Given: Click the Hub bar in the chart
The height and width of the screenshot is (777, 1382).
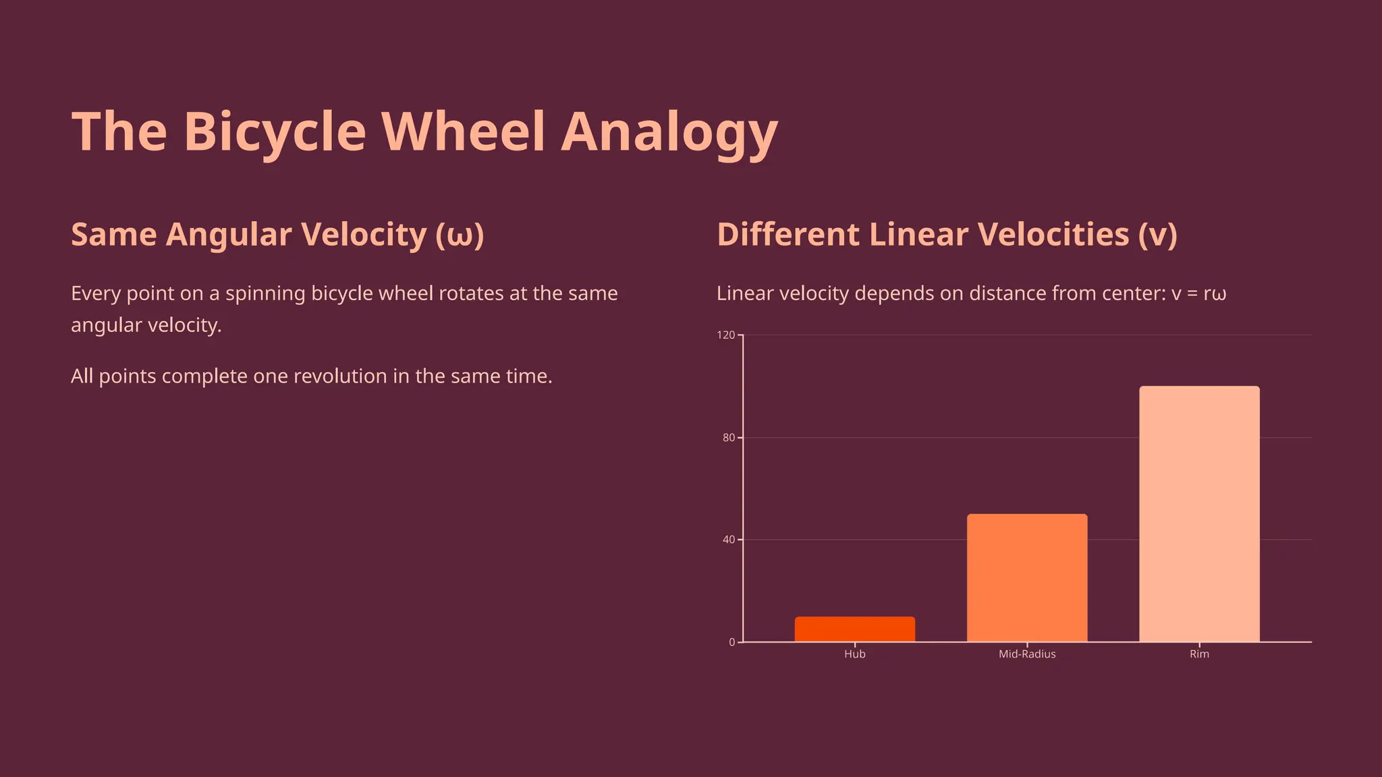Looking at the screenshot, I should pyautogui.click(x=854, y=629).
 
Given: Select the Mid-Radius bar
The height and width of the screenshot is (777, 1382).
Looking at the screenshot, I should pyautogui.click(x=1026, y=578).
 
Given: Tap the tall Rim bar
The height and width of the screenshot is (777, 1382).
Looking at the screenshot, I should pyautogui.click(x=1199, y=514).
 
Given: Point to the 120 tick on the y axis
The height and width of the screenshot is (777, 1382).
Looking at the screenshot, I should pyautogui.click(x=726, y=335).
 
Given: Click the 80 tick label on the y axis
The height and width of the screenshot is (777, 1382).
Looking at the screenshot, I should pyautogui.click(x=728, y=438).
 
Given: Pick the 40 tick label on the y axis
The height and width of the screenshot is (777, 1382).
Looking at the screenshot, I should pyautogui.click(x=728, y=540).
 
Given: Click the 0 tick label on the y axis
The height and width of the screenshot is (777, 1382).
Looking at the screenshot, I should pyautogui.click(x=731, y=642).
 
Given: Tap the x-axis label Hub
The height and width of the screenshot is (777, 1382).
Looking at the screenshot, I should pyautogui.click(x=854, y=654).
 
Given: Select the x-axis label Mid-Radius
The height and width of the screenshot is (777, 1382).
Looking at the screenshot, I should pyautogui.click(x=1026, y=654).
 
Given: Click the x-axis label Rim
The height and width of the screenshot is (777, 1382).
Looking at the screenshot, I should pyautogui.click(x=1199, y=654).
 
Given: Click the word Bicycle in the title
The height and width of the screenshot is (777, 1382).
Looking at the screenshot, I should pyautogui.click(x=275, y=132).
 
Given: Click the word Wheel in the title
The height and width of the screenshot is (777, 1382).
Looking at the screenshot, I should pyautogui.click(x=463, y=132).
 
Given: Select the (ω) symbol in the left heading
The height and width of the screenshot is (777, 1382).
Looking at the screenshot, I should pyautogui.click(x=460, y=235).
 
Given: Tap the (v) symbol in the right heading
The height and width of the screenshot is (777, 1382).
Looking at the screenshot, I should pyautogui.click(x=1157, y=235).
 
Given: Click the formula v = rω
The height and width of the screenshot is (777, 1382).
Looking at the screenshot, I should pyautogui.click(x=1198, y=293).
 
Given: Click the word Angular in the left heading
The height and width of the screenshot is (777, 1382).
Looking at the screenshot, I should pyautogui.click(x=229, y=235).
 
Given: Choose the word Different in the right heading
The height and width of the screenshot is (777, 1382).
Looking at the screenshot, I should pyautogui.click(x=787, y=235).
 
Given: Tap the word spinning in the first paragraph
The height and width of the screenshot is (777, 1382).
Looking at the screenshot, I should pyautogui.click(x=265, y=294).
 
